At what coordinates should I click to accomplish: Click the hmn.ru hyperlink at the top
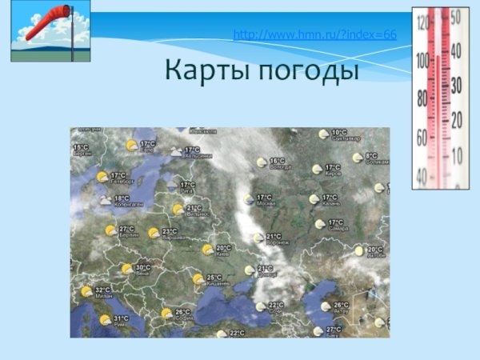point(314,35)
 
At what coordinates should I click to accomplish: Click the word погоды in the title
point(307,71)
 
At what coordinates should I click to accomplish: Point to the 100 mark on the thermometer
point(422,59)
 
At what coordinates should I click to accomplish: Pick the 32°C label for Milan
point(102,290)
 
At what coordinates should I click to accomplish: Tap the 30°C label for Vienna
point(142,267)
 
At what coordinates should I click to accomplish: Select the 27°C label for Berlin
point(126,229)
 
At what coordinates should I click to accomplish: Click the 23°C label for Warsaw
point(170,231)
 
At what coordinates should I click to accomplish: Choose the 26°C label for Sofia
point(182,312)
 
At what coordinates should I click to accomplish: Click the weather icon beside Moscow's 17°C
point(250,198)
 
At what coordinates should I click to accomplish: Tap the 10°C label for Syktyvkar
point(339,132)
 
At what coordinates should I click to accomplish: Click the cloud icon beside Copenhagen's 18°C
point(105,201)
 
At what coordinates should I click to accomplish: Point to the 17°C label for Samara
point(335,222)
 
